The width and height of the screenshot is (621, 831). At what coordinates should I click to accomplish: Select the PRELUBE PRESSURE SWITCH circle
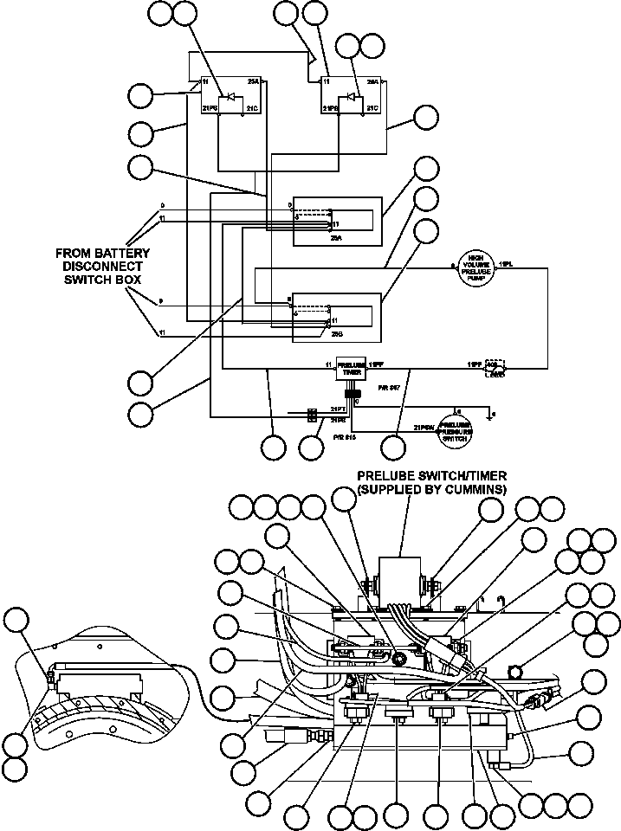click(x=456, y=429)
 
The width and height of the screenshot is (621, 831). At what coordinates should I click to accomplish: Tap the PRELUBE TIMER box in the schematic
click(x=351, y=367)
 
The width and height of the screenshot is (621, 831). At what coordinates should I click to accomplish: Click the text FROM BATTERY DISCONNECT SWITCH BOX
click(x=103, y=267)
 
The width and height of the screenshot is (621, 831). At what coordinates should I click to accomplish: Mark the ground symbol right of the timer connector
click(x=491, y=417)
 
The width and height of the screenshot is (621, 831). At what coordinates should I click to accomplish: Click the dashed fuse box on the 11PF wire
click(x=496, y=367)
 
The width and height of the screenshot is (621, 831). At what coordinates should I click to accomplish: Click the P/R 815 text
click(x=345, y=438)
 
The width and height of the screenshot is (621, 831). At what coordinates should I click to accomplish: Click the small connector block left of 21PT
click(x=310, y=415)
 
